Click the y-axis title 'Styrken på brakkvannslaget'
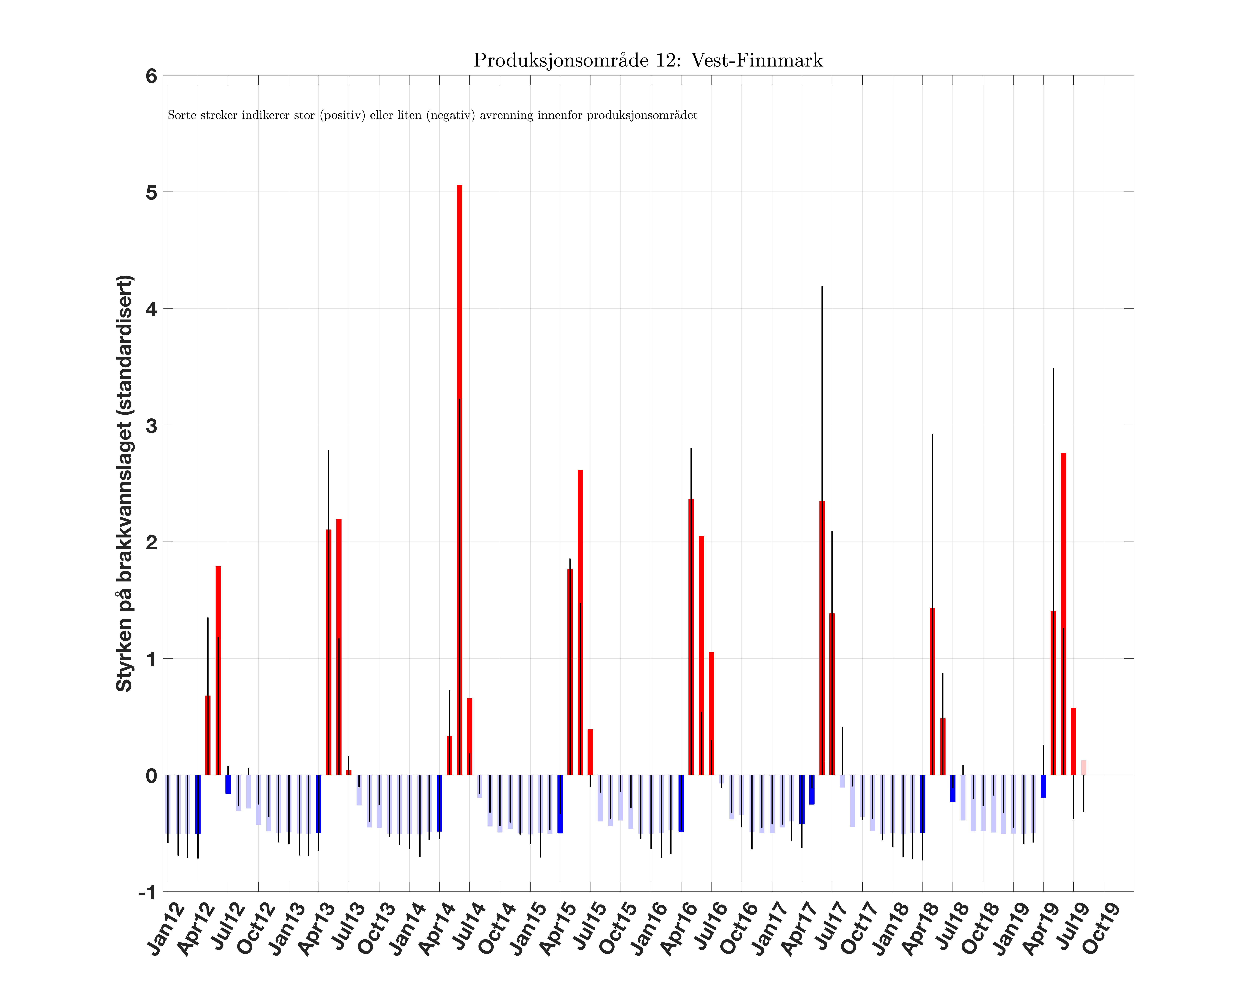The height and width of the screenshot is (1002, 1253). (x=125, y=483)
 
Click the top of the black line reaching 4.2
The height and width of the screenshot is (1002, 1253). (x=822, y=287)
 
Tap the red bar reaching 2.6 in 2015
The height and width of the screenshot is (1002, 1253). (x=580, y=622)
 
